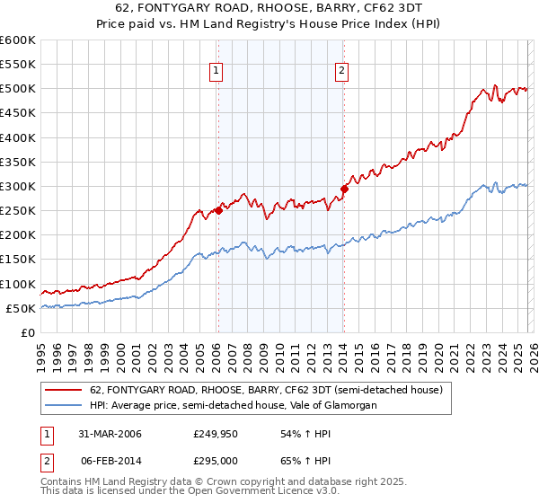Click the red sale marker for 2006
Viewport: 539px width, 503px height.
click(x=218, y=211)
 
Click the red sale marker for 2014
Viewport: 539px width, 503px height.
click(x=343, y=189)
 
